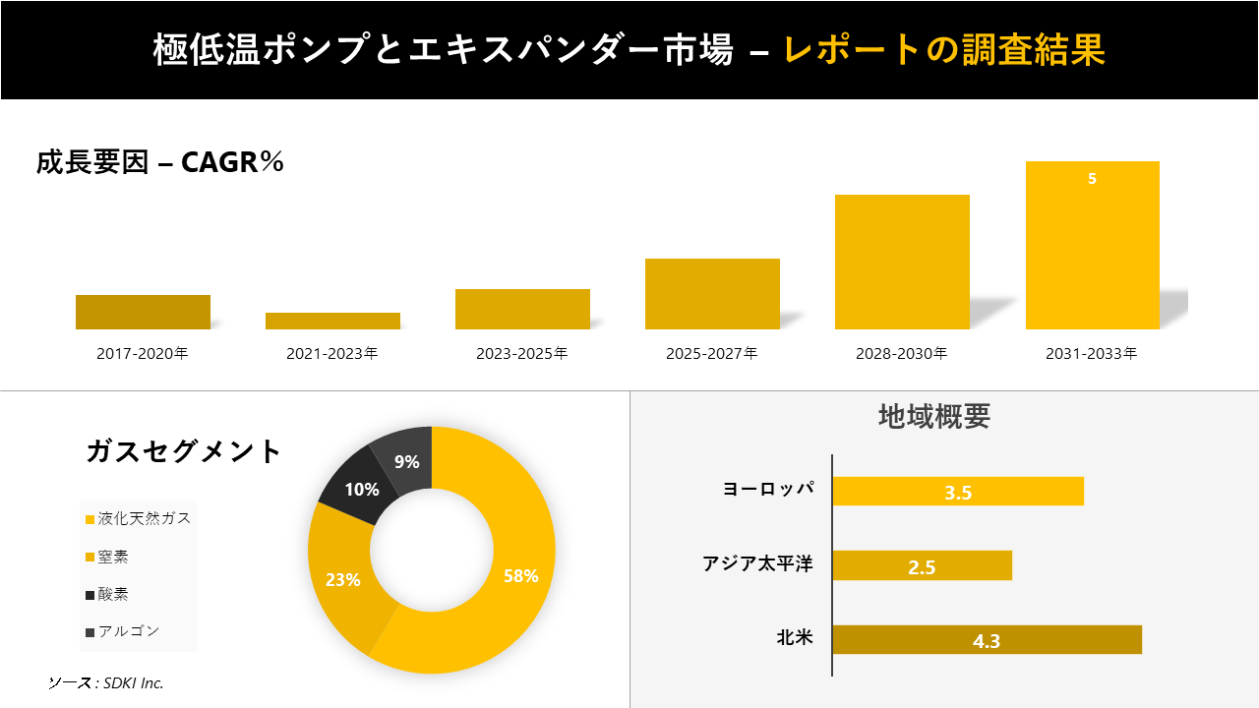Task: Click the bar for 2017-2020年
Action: tap(143, 312)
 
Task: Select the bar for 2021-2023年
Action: tap(332, 321)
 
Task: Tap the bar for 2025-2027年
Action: tap(712, 294)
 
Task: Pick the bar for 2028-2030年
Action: tap(902, 262)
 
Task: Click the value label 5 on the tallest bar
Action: tap(1092, 179)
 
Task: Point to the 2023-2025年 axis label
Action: tap(522, 354)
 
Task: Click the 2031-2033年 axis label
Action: tap(1092, 354)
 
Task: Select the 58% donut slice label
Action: tap(520, 576)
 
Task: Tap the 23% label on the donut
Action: tap(343, 580)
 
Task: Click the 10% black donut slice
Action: tap(362, 488)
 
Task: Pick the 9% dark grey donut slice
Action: tap(407, 461)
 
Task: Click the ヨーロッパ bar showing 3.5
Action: tap(957, 492)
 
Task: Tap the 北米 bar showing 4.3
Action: tap(987, 640)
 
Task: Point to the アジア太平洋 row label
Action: tap(757, 564)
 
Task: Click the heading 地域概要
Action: tap(933, 417)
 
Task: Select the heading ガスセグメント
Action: tap(184, 451)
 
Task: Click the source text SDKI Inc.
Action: tap(106, 682)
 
